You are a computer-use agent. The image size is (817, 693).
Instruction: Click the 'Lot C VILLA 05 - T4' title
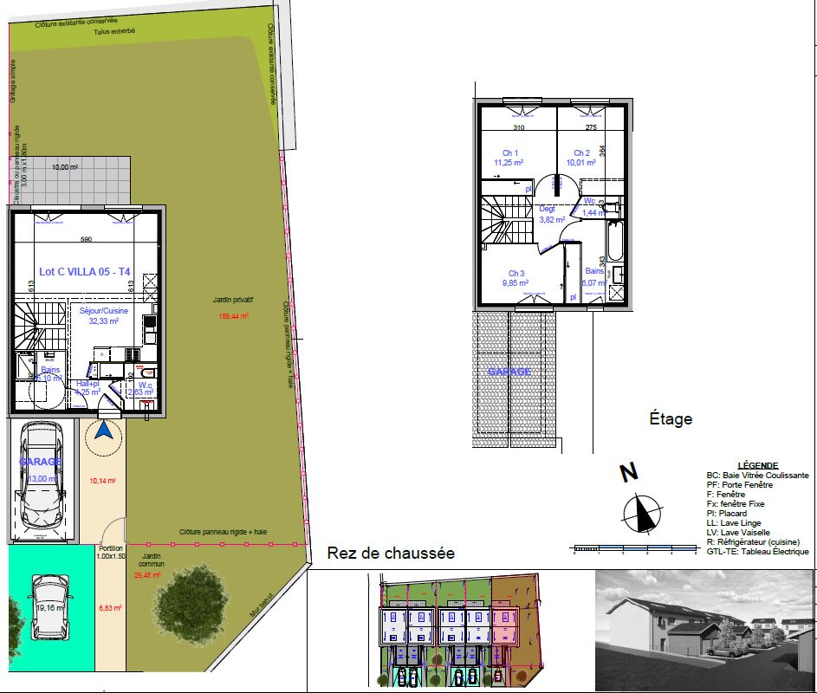tap(84, 272)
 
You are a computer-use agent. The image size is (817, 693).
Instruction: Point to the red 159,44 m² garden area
tap(234, 316)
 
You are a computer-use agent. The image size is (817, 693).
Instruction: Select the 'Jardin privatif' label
tap(233, 301)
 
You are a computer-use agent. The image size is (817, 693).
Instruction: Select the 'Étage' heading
tap(671, 419)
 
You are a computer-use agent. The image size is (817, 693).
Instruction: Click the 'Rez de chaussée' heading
tap(390, 554)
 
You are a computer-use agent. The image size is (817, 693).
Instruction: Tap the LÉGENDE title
tap(756, 466)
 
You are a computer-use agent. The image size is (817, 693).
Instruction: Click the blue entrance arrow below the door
tap(104, 431)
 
